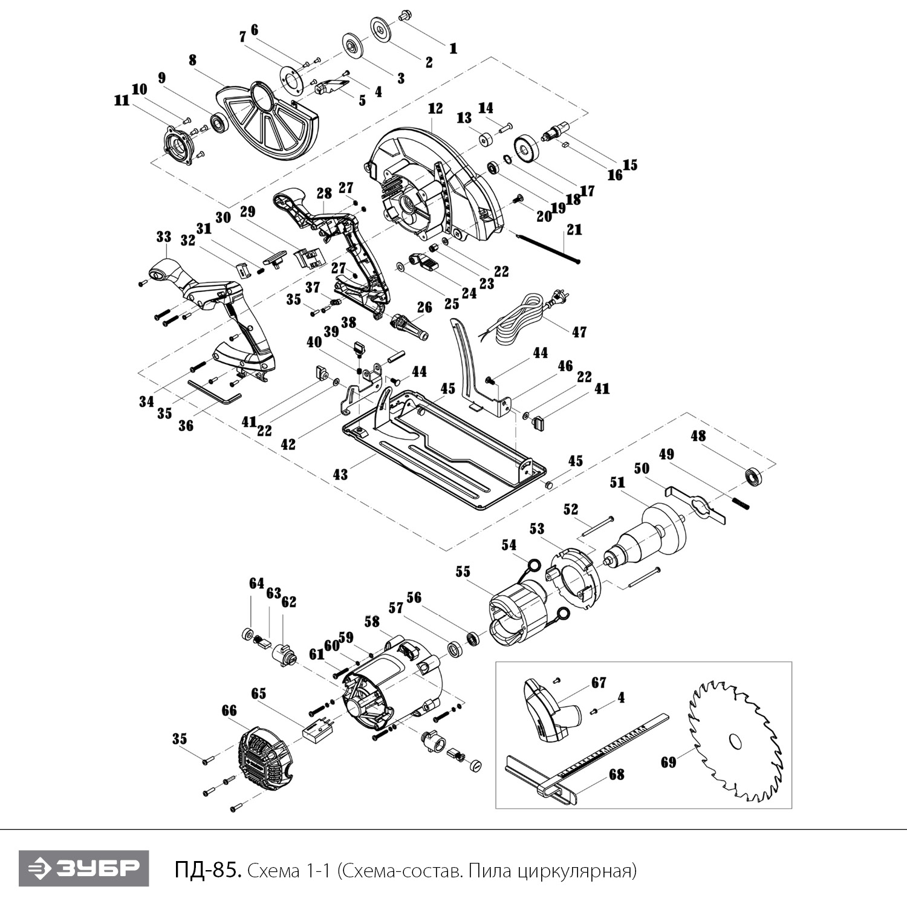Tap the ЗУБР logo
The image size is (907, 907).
pyautogui.click(x=83, y=868)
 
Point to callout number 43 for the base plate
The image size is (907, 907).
pyautogui.click(x=340, y=474)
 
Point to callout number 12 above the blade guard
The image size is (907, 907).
pyautogui.click(x=435, y=109)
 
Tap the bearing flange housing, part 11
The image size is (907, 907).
pyautogui.click(x=180, y=147)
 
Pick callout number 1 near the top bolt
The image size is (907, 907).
pyautogui.click(x=453, y=48)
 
